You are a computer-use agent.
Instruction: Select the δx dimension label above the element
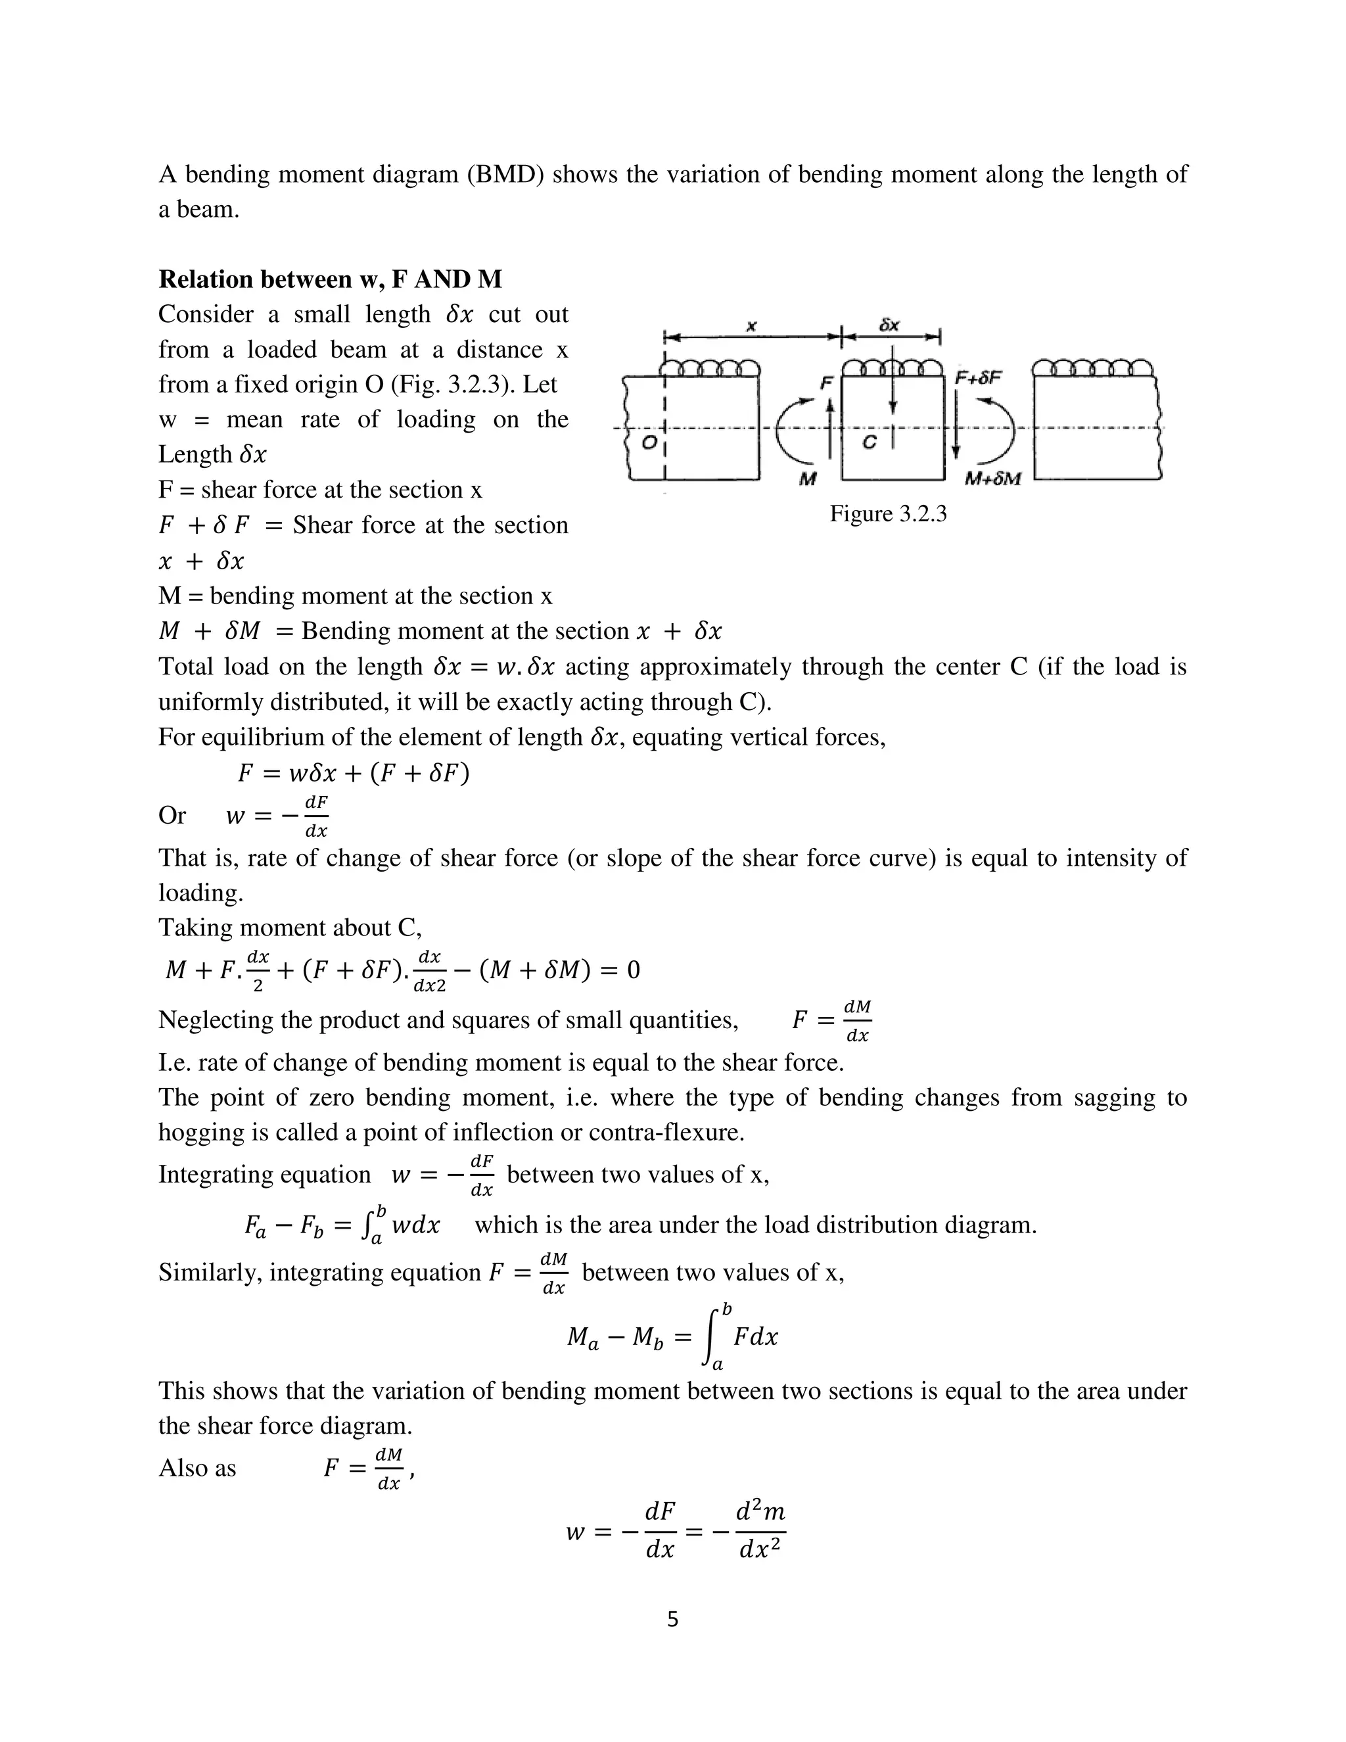click(890, 325)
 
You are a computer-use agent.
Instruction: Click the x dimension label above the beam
click(751, 325)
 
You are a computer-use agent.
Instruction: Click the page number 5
click(672, 1619)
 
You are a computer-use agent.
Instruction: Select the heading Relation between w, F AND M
click(330, 279)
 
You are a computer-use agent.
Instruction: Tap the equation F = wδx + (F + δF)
click(353, 773)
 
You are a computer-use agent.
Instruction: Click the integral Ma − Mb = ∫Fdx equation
click(672, 1337)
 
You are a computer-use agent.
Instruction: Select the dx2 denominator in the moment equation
click(430, 986)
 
